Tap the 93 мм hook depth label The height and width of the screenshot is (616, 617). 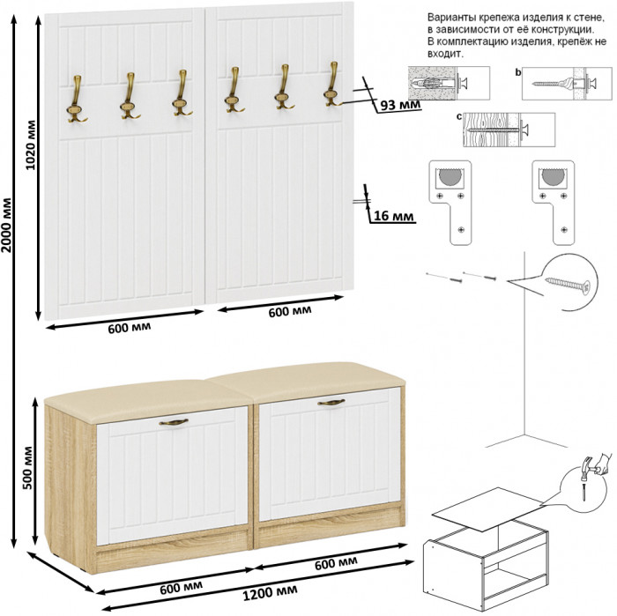coord(398,105)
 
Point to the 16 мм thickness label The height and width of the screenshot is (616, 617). coord(392,214)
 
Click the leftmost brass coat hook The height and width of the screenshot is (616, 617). coord(75,98)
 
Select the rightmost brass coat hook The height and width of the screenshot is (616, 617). coord(332,86)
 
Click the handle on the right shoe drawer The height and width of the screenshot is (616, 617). coord(331,403)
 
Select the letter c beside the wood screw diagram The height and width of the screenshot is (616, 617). coord(460,115)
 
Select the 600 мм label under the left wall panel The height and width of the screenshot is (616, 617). coord(129,329)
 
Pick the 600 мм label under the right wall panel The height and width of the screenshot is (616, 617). coord(289,311)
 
